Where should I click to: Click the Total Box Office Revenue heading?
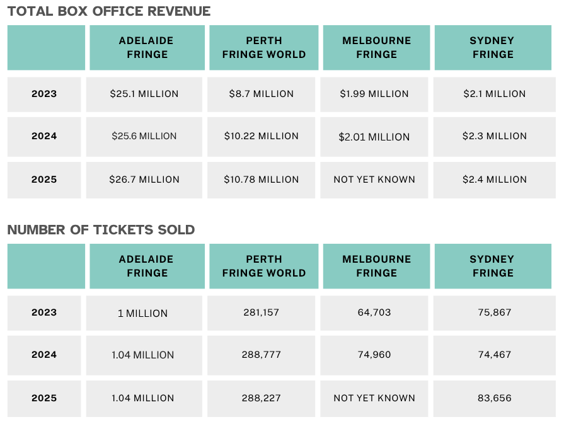(x=109, y=11)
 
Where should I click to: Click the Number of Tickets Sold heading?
(x=101, y=230)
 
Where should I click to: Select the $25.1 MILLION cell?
(x=144, y=94)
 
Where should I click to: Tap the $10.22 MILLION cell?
(x=262, y=136)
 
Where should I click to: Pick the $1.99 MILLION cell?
(x=374, y=94)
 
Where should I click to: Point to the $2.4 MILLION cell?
(x=495, y=180)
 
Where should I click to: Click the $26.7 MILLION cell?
(x=144, y=180)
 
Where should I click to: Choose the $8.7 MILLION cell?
(x=262, y=94)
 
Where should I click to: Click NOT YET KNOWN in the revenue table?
(x=374, y=180)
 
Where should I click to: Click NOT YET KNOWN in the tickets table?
(x=374, y=398)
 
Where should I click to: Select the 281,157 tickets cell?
(x=262, y=312)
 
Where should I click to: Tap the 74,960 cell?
(x=374, y=355)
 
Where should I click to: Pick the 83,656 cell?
(x=495, y=398)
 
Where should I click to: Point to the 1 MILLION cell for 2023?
(x=143, y=313)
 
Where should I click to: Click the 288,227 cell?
(x=262, y=398)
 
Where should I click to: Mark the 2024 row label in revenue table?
(x=44, y=136)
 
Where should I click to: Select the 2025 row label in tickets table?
(x=44, y=398)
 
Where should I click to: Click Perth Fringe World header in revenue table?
(x=264, y=47)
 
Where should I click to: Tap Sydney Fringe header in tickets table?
(x=492, y=266)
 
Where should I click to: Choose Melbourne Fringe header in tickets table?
(x=377, y=266)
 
